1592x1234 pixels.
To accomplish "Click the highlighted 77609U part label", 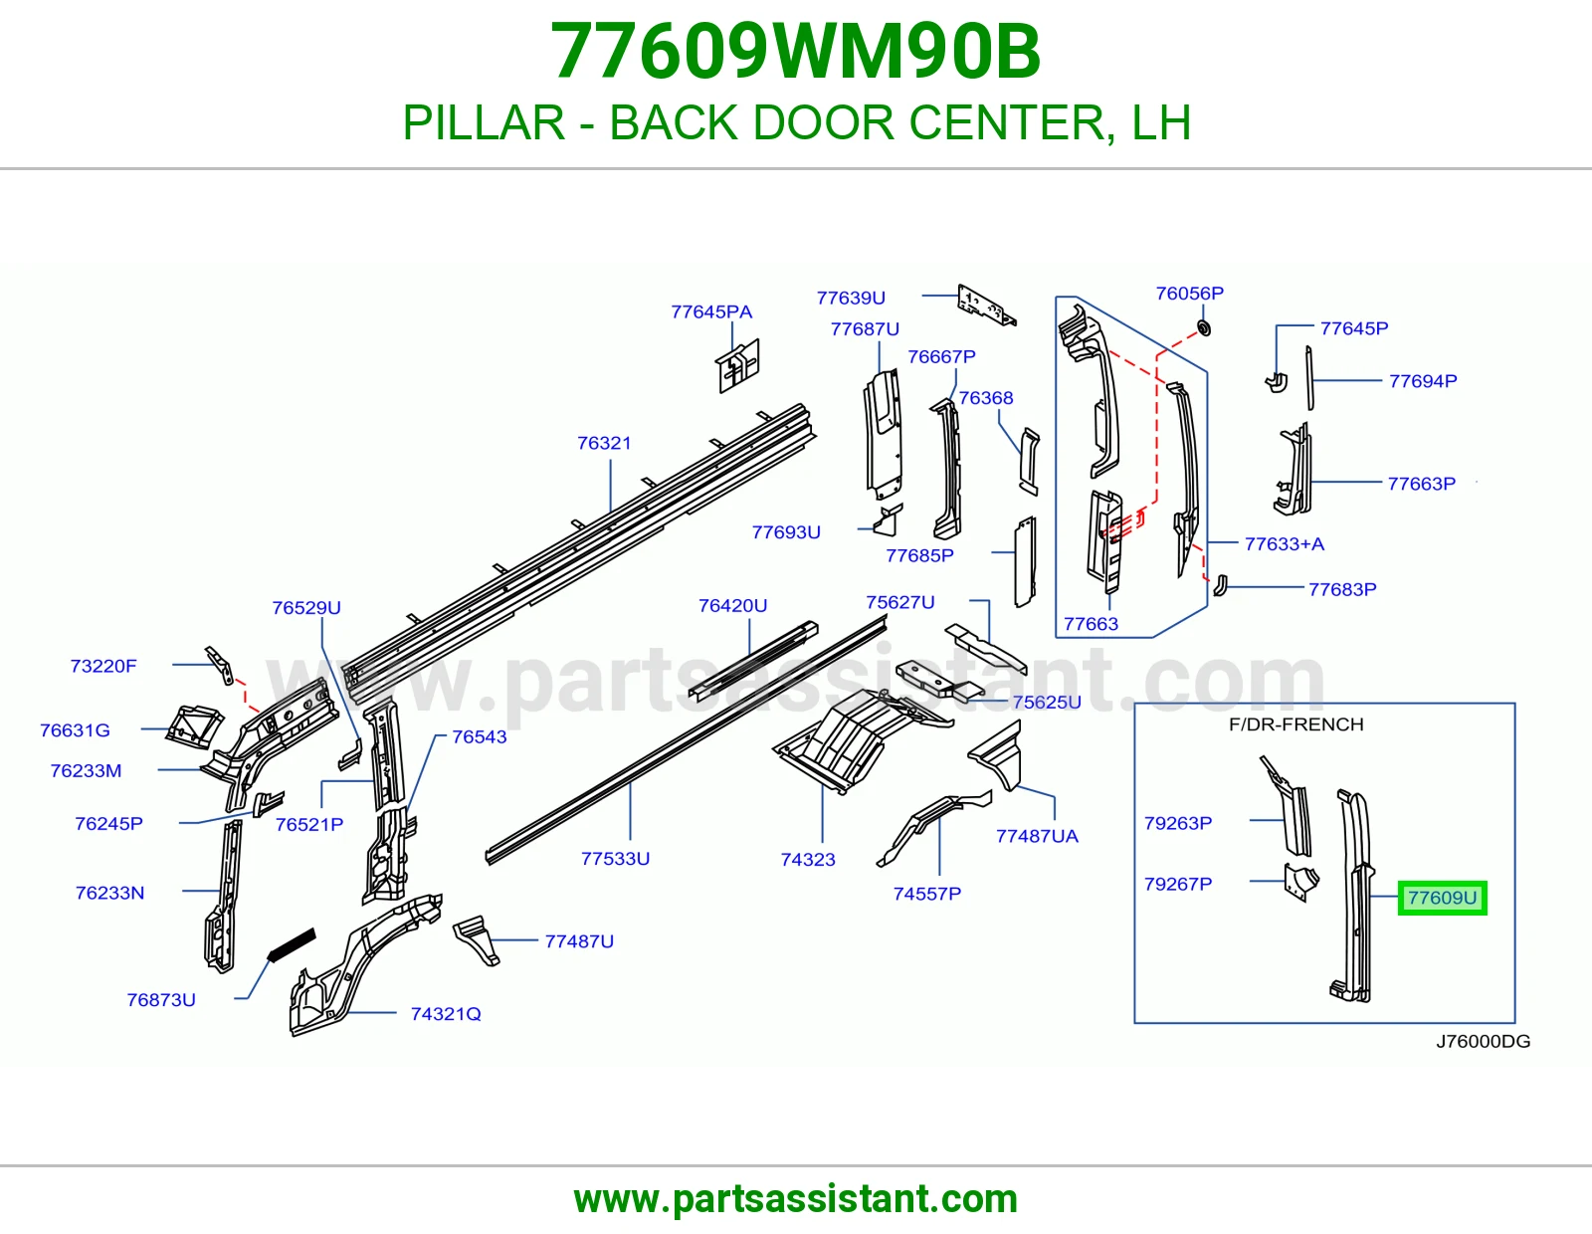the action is click(1442, 898).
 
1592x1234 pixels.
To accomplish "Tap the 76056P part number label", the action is click(1190, 294).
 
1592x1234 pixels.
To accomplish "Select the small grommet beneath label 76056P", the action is click(1204, 327).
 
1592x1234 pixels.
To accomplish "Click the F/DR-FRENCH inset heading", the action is click(1296, 724).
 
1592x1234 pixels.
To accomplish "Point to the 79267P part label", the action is click(1178, 884).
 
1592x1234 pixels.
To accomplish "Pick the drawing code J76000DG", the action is click(1483, 1041).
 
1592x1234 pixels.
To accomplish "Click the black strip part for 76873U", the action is click(292, 944).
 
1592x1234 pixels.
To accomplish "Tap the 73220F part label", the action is click(103, 666).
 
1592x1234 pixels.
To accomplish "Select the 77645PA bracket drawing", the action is click(737, 365).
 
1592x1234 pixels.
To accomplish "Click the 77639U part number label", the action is click(851, 298).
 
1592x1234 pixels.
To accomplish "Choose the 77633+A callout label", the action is click(1285, 543).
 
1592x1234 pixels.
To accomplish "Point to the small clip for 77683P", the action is click(1220, 585).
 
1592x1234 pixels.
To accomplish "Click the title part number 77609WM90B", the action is click(796, 51).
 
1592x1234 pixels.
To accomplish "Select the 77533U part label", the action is click(615, 858).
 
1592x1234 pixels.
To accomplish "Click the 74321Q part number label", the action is click(446, 1013).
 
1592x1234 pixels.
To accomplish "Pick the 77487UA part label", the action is click(1037, 836).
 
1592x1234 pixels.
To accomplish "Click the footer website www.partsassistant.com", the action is click(796, 1199).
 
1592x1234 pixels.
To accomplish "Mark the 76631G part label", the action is click(75, 729).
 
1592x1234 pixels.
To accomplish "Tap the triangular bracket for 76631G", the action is click(194, 726).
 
